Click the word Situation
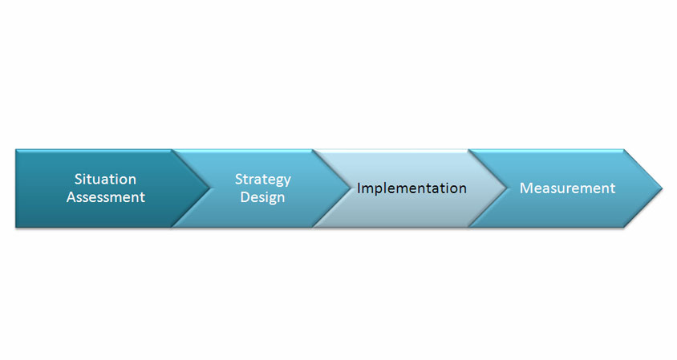105,179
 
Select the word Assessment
106,196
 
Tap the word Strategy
262,180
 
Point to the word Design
262,198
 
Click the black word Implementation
411,188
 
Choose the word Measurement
567,188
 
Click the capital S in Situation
79,179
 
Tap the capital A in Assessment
71,196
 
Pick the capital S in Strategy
239,179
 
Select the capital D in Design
245,196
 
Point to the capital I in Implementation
359,188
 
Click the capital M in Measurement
526,188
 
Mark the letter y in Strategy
286,182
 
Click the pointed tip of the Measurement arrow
662,188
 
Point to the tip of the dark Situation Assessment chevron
209,188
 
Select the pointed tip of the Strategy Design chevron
351,188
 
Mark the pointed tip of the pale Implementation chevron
506,188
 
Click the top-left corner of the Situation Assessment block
16,150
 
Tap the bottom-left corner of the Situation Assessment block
16,227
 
